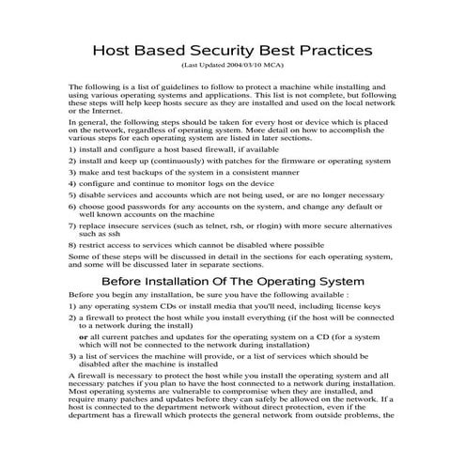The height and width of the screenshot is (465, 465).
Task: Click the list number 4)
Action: coord(74,184)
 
